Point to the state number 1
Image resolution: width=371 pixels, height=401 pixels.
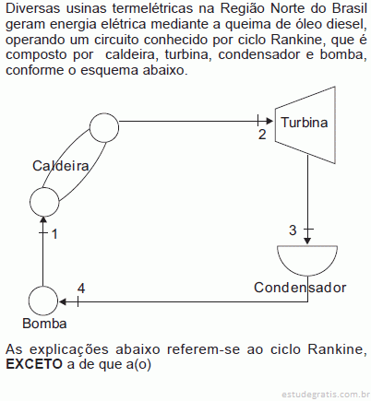[x=54, y=234]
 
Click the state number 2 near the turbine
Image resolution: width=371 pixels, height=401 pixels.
[x=262, y=135]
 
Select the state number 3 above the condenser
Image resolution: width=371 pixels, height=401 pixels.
[x=293, y=230]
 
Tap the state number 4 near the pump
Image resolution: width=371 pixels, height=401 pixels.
[x=81, y=289]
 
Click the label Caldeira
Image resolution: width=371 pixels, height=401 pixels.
[x=61, y=166]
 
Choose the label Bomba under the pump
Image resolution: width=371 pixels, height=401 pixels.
[x=44, y=324]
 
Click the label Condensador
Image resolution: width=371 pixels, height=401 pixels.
[x=300, y=288]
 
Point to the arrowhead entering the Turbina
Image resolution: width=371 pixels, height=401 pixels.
[x=269, y=121]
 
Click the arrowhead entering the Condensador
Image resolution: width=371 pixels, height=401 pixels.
[x=307, y=241]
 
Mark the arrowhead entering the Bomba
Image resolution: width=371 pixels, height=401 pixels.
[x=63, y=301]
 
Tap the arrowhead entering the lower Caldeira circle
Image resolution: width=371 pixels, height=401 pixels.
[x=43, y=219]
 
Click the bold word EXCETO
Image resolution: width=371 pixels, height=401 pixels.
[x=34, y=364]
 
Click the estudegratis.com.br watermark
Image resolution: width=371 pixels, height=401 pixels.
[x=326, y=394]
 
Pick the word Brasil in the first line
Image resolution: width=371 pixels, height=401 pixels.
[x=350, y=8]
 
